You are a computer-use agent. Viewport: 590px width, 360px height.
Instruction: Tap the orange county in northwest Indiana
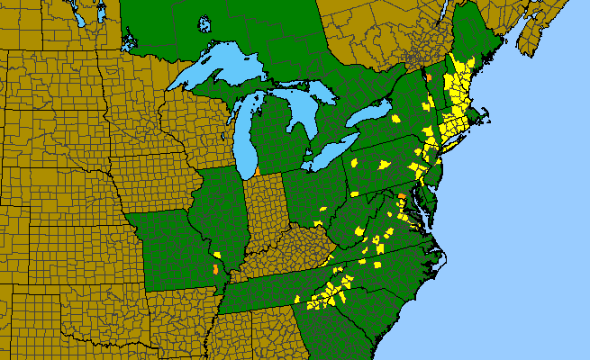(x=258, y=170)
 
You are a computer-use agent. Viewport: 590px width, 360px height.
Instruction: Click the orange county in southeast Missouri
(x=214, y=268)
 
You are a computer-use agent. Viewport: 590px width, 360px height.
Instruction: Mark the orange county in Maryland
(x=401, y=195)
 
